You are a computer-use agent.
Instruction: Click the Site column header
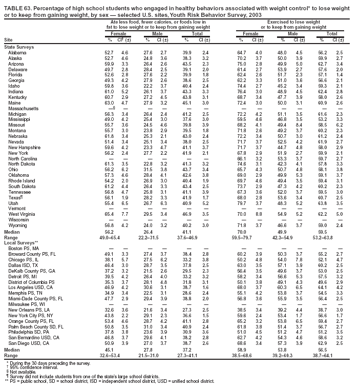tap(8, 39)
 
